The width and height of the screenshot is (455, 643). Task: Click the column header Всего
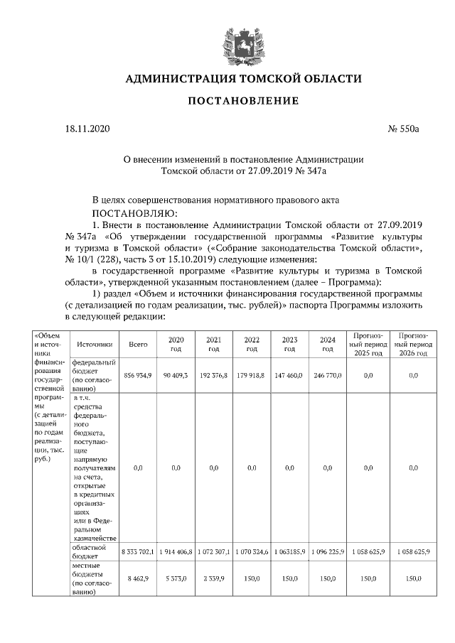tap(138, 344)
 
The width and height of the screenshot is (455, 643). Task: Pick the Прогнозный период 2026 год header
tap(413, 344)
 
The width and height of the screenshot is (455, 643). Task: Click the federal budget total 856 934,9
tap(138, 374)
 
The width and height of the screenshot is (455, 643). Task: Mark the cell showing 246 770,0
tap(327, 374)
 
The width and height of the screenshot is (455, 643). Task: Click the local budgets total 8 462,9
tap(138, 579)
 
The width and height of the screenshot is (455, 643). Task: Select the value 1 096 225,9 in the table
tap(327, 552)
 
